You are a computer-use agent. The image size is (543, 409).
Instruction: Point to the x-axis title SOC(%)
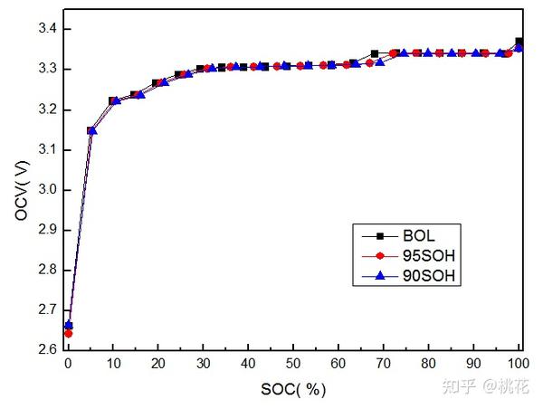pos(293,390)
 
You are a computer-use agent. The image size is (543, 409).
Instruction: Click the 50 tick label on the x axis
pos(293,365)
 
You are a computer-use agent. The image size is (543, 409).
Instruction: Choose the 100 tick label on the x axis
pos(519,365)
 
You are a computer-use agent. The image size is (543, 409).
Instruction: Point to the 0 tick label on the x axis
pos(68,365)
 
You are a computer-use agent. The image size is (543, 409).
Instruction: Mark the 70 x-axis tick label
pos(384,365)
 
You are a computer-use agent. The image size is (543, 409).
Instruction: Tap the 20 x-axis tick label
pos(158,365)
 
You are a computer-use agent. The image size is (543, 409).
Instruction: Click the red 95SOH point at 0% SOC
pos(68,333)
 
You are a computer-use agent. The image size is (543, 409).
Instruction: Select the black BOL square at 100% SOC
pos(519,42)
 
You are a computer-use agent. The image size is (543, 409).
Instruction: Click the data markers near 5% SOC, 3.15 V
pos(91,130)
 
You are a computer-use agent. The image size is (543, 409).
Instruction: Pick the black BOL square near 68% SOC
pos(375,54)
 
